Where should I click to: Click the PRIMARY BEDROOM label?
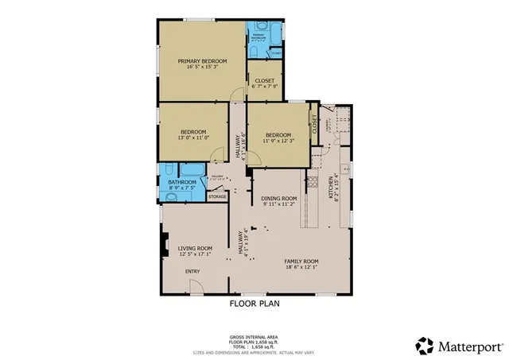[x=202, y=61]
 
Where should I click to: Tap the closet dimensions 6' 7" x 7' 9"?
[x=263, y=87]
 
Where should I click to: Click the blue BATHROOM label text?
[x=182, y=183]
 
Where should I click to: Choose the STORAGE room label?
[x=217, y=196]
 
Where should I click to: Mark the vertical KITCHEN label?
[x=333, y=188]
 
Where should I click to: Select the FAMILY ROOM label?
[x=301, y=261]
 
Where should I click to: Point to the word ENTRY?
[x=193, y=272]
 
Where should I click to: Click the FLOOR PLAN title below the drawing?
[x=254, y=303]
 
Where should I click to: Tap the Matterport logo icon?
[x=425, y=346]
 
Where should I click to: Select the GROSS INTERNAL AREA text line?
[x=254, y=337]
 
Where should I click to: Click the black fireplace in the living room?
[x=164, y=246]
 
